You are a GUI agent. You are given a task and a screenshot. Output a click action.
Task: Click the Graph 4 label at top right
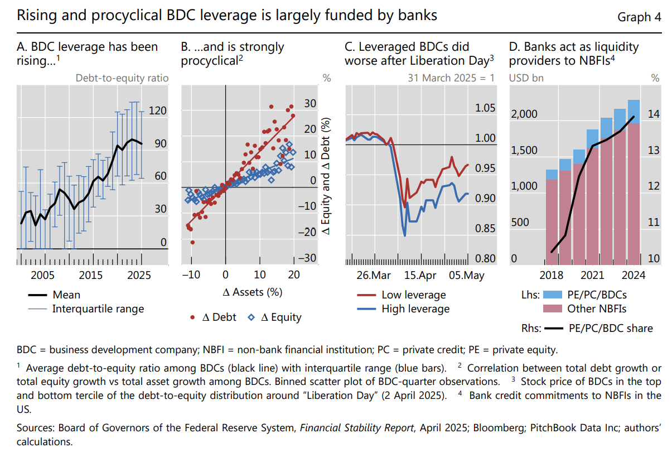[639, 17]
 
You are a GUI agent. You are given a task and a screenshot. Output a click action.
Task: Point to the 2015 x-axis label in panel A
[90, 275]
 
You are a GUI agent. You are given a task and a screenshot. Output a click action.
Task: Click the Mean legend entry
[66, 295]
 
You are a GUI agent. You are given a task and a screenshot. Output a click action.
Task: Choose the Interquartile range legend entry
[98, 309]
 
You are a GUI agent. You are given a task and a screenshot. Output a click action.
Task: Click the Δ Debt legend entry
[218, 317]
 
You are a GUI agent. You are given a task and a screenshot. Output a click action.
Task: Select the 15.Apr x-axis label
[419, 275]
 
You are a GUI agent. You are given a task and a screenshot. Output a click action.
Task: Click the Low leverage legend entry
[413, 295]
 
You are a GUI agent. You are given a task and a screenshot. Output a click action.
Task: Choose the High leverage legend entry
[415, 309]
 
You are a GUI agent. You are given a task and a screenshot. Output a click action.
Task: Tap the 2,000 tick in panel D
[524, 114]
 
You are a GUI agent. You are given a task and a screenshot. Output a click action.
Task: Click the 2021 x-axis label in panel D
[592, 275]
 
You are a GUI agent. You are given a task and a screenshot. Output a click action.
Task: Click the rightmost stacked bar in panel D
[634, 184]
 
